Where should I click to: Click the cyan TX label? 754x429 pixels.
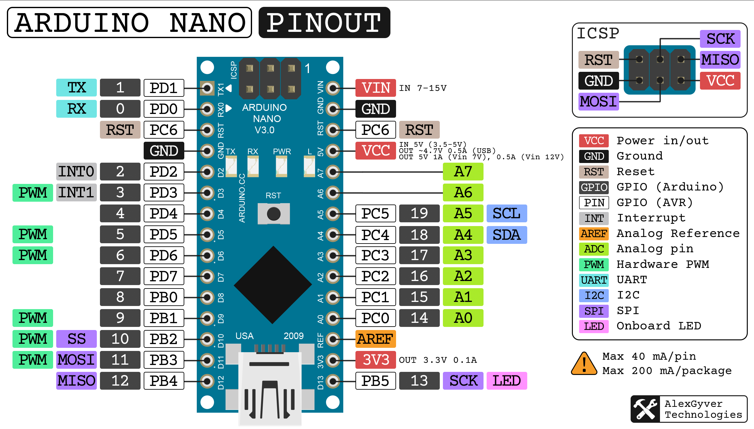[76, 88]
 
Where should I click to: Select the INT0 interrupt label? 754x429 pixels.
[76, 171]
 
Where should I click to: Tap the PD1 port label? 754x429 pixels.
[164, 88]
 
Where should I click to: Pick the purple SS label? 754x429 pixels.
[76, 339]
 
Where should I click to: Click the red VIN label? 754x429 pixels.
[375, 88]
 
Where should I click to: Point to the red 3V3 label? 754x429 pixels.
[375, 360]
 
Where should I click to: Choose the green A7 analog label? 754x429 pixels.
[463, 171]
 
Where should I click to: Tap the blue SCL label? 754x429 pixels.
[507, 213]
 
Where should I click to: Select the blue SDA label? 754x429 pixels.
[507, 234]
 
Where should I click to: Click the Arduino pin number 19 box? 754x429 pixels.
[419, 213]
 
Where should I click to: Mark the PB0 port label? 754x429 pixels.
[164, 297]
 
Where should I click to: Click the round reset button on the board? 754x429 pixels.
[274, 214]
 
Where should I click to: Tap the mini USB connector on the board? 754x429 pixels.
[270, 387]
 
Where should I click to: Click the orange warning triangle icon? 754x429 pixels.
[584, 364]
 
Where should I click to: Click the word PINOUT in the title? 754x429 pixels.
[324, 23]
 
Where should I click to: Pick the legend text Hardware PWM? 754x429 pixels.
[663, 264]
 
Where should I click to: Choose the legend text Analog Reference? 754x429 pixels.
[678, 234]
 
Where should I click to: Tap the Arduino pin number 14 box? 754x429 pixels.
[419, 318]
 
